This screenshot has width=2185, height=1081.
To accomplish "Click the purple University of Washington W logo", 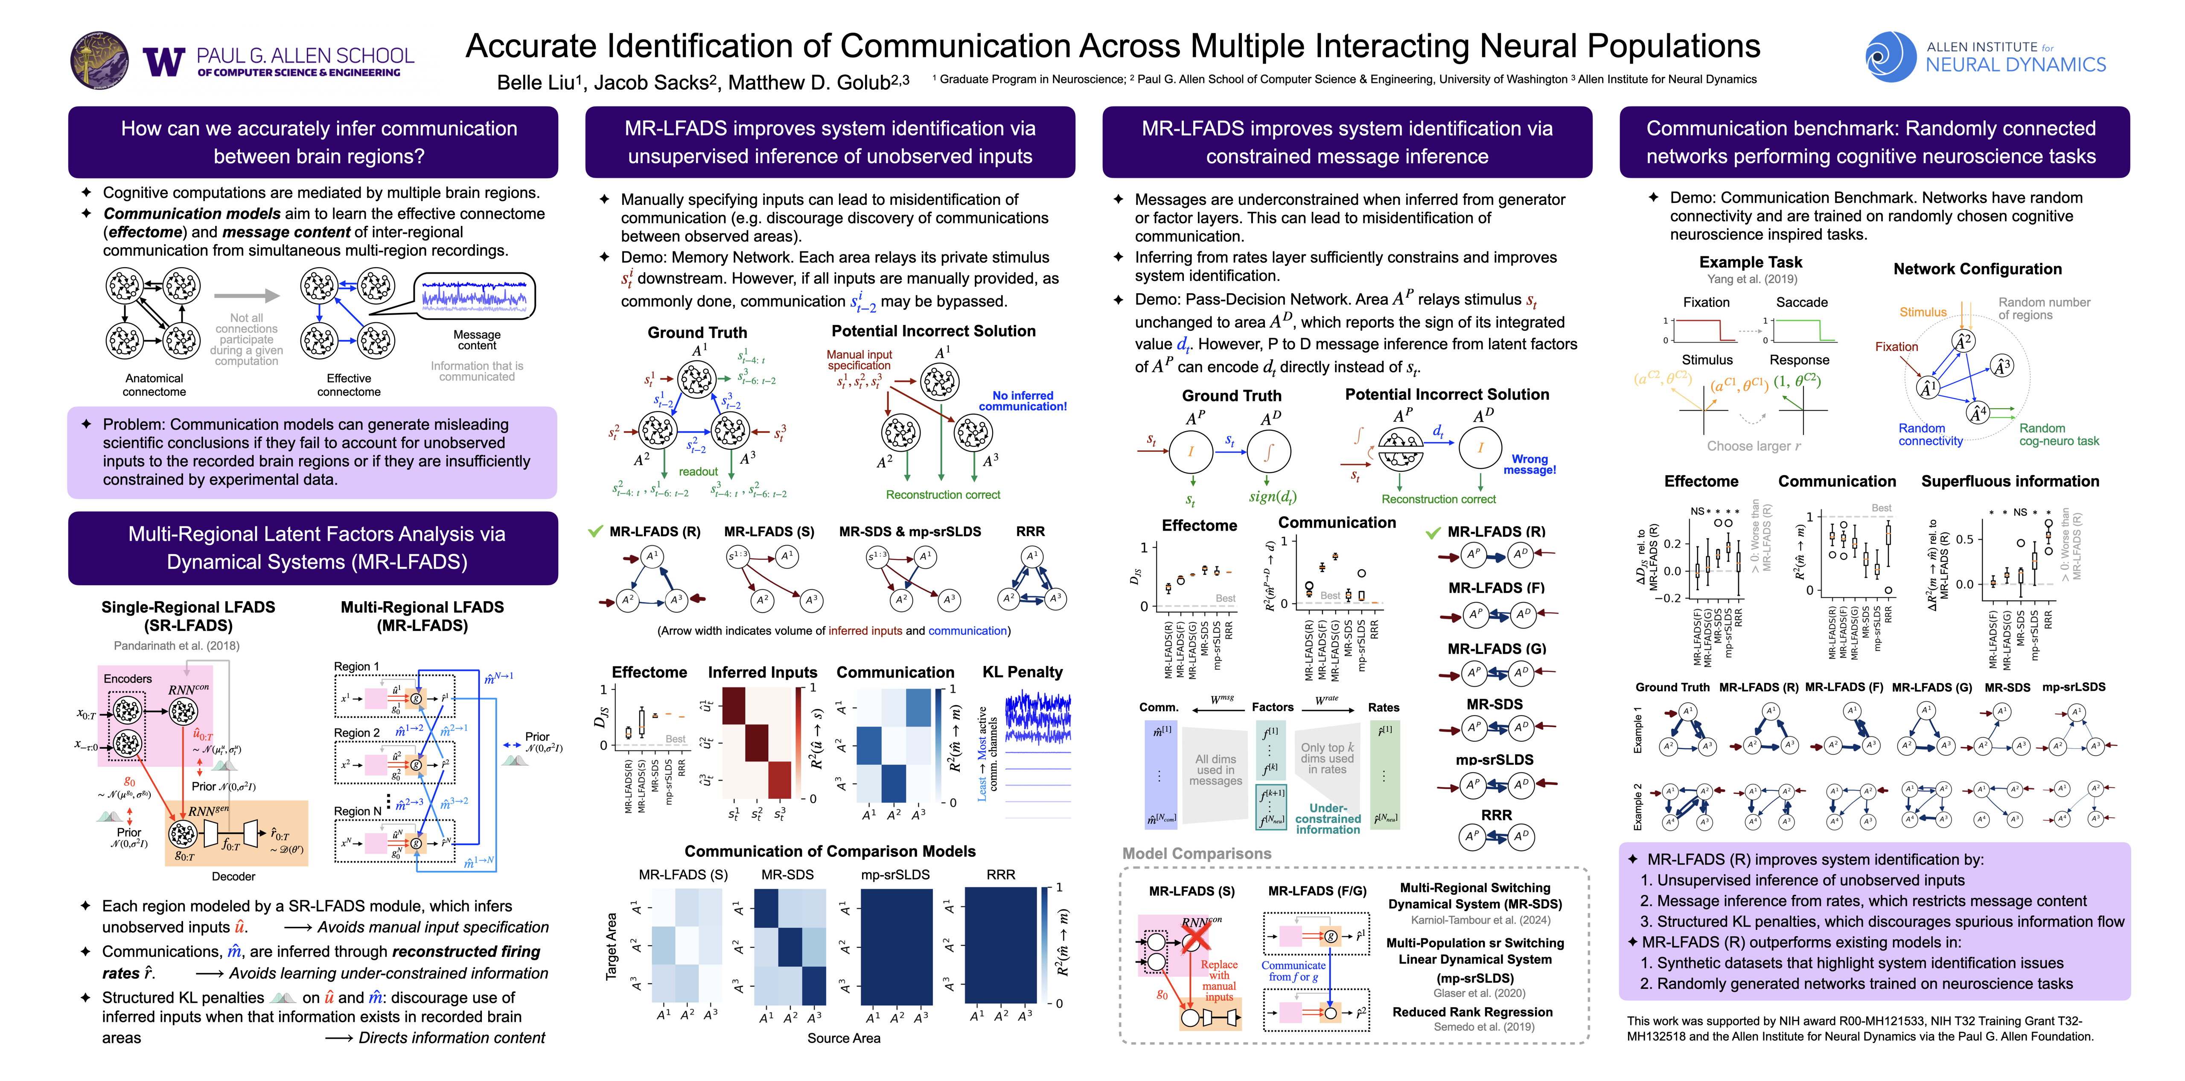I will point(164,61).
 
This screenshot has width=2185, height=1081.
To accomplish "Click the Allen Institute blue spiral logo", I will point(1890,57).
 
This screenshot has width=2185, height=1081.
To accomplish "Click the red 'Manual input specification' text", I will point(859,360).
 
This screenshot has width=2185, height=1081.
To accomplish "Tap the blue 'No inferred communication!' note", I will point(1023,400).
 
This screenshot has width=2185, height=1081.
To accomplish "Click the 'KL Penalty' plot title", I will point(1022,672).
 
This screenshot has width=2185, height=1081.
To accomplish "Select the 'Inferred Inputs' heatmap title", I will point(763,672).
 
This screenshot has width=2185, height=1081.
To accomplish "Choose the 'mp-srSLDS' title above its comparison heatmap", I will point(895,874).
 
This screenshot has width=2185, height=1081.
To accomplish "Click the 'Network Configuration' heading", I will point(1977,269).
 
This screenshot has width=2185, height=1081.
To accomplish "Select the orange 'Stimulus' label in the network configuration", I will point(1922,312).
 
